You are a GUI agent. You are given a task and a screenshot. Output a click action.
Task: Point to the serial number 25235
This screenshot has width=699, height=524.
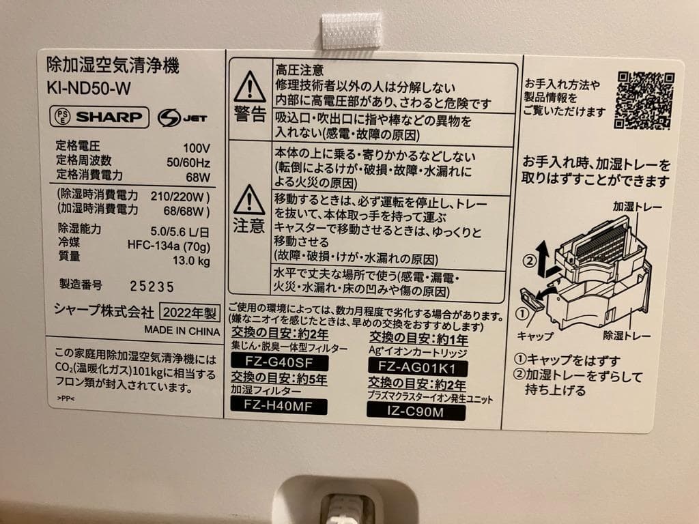pos(153,287)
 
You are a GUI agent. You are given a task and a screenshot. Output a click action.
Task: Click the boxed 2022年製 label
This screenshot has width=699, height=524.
pos(189,313)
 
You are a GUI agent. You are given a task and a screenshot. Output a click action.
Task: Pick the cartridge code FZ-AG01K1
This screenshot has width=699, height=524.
pos(416,366)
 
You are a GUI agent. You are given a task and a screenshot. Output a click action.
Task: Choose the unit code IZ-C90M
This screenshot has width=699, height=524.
pos(416,411)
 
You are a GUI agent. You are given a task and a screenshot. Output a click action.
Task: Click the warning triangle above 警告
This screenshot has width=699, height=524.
pos(249,87)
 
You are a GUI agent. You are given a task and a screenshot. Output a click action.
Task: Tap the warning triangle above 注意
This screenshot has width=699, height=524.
pos(249,199)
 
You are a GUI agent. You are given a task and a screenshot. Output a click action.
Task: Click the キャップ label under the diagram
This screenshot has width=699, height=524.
pos(535,336)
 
